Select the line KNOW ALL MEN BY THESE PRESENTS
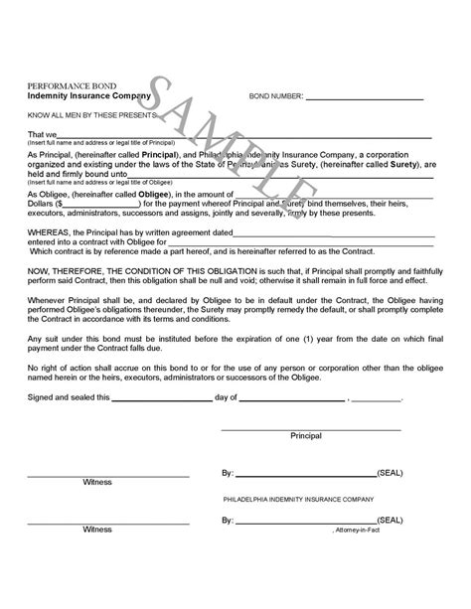click(87, 115)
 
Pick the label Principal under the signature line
click(305, 436)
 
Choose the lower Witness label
click(97, 530)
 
